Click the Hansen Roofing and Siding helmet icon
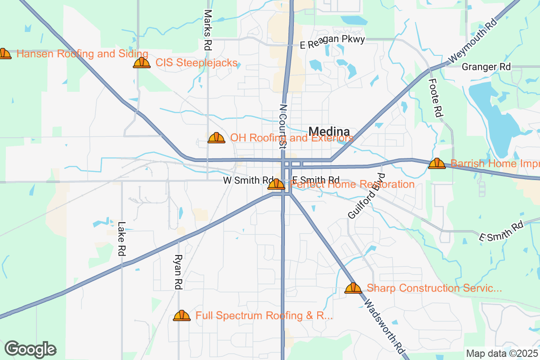(x=4, y=54)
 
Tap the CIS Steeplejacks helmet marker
(x=142, y=63)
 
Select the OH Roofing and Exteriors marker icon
(x=216, y=138)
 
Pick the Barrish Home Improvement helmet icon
(x=436, y=164)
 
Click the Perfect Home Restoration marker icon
(x=276, y=184)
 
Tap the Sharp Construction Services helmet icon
(x=353, y=288)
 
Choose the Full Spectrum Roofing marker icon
(x=182, y=315)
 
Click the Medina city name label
(x=329, y=131)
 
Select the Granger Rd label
(x=486, y=67)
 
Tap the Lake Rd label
(x=121, y=239)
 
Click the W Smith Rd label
(x=248, y=180)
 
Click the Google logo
(x=31, y=349)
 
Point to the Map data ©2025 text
(x=502, y=353)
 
